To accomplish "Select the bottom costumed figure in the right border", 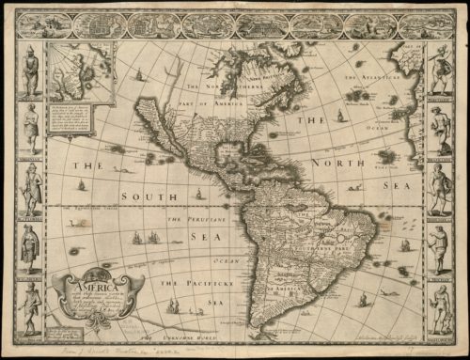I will click(439, 305).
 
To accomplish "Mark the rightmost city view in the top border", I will click(413, 25).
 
